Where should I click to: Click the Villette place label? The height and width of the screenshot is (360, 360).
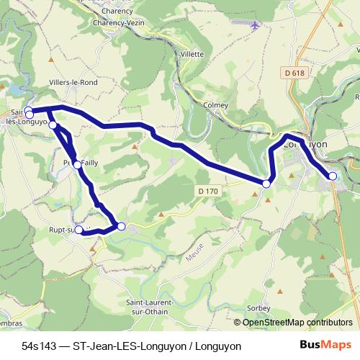pyautogui.click(x=192, y=54)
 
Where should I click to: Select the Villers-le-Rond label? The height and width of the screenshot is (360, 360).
pyautogui.click(x=72, y=83)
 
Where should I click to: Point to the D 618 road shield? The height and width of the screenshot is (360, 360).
pyautogui.click(x=292, y=73)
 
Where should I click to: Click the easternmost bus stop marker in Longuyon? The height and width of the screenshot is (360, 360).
pyautogui.click(x=332, y=176)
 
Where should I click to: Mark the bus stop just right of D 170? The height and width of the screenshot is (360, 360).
pyautogui.click(x=266, y=184)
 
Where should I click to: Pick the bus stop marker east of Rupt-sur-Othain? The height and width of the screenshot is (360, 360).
pyautogui.click(x=121, y=227)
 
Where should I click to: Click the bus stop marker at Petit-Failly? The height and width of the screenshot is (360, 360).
pyautogui.click(x=77, y=165)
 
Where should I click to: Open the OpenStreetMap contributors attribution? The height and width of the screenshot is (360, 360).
pyautogui.click(x=297, y=323)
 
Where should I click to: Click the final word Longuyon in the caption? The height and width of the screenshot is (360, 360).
pyautogui.click(x=216, y=346)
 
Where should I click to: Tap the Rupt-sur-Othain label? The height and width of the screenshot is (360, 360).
pyautogui.click(x=65, y=230)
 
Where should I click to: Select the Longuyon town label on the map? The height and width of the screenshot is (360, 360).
pyautogui.click(x=307, y=144)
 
